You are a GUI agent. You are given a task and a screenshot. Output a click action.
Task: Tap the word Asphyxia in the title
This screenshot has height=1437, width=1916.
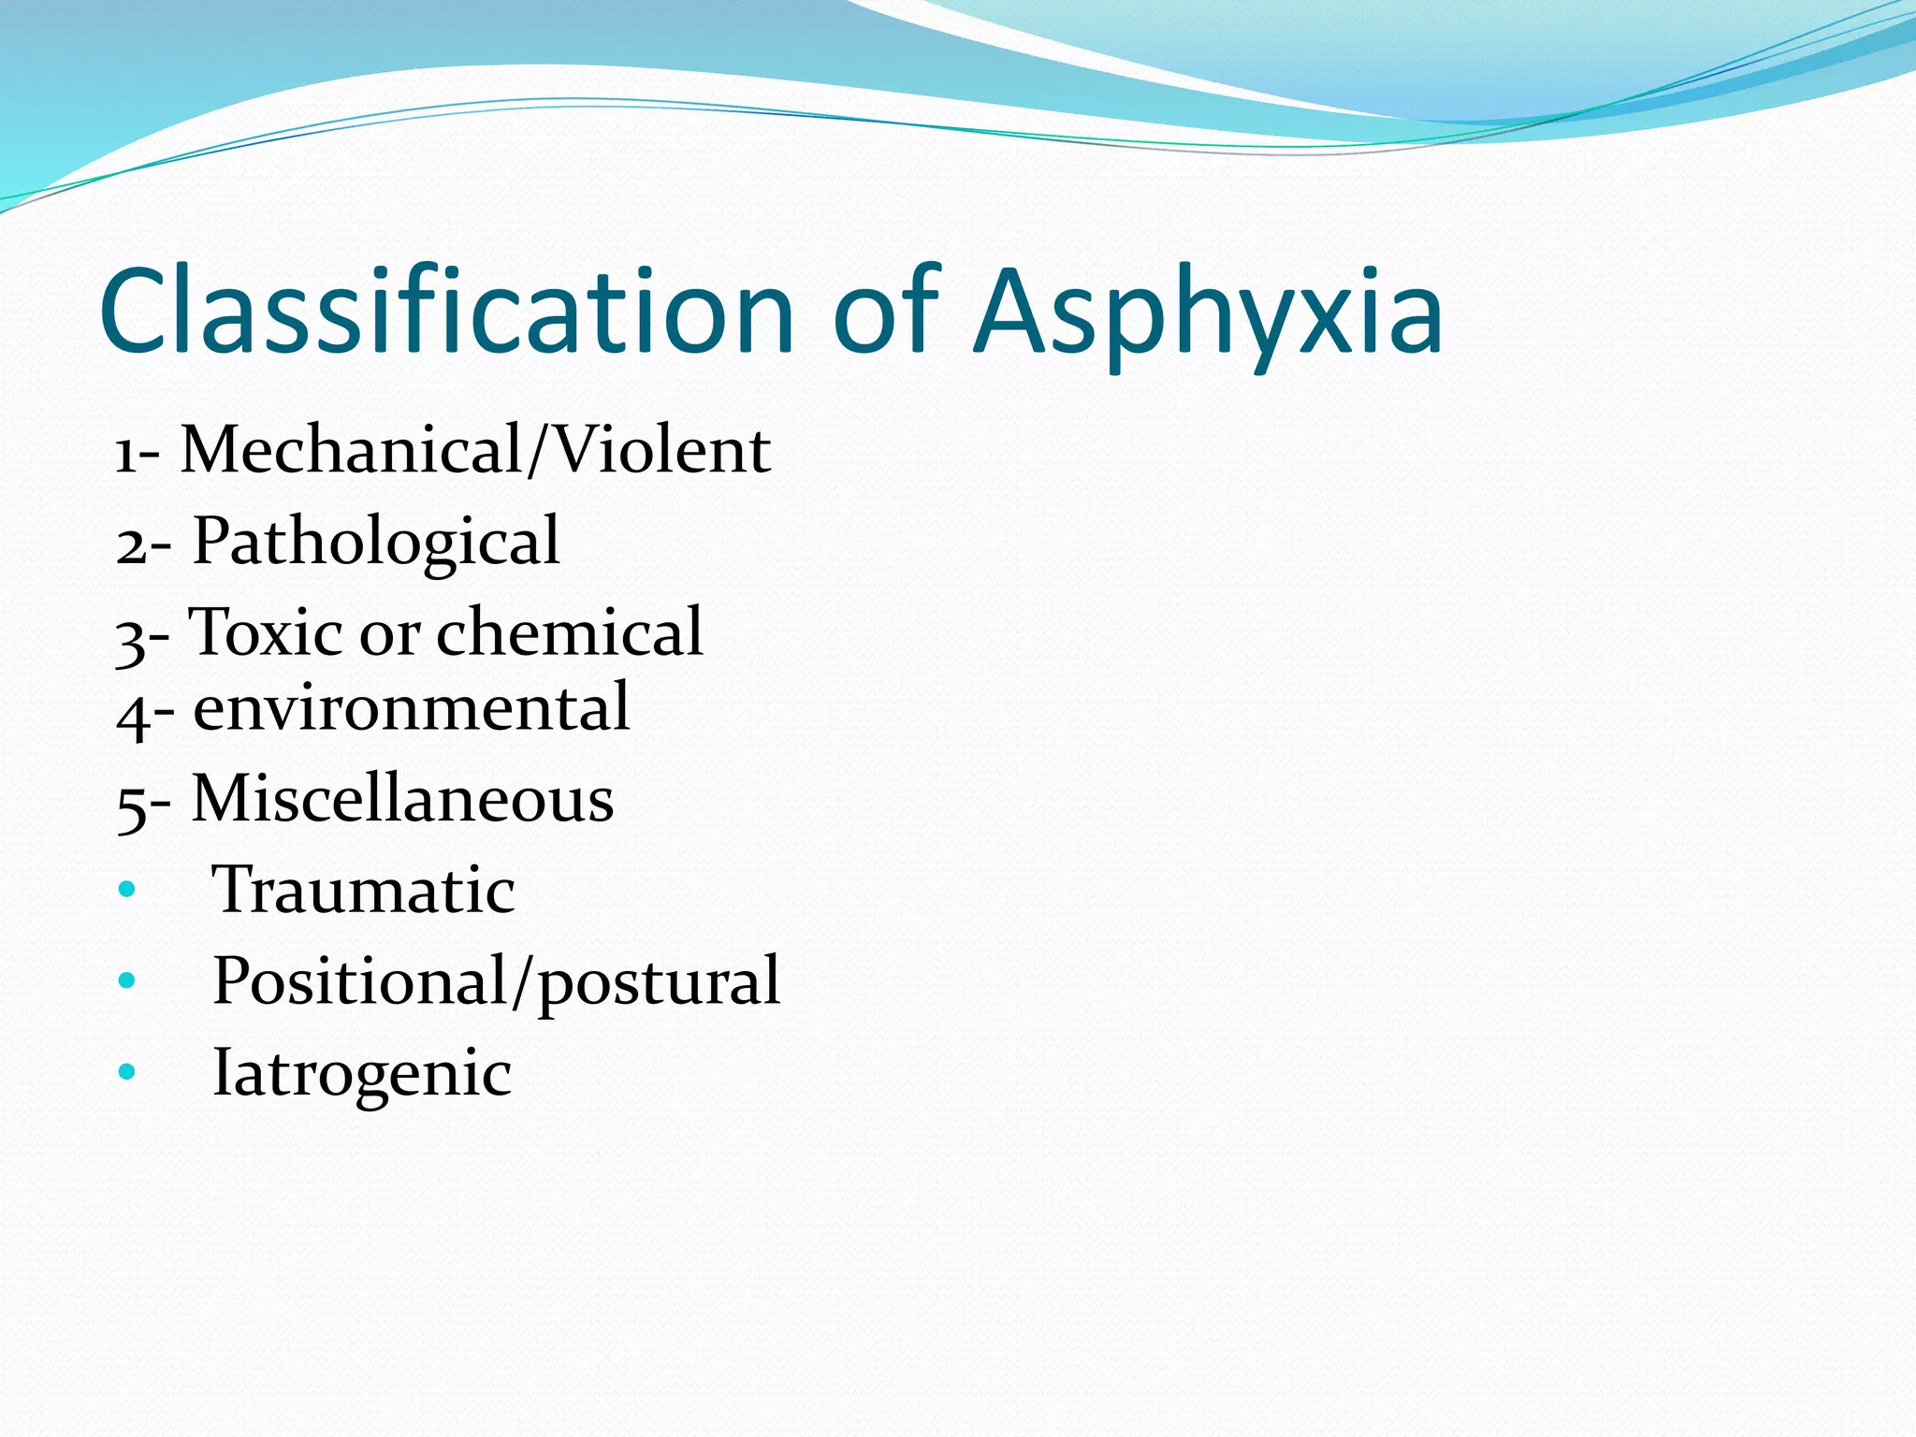1208,311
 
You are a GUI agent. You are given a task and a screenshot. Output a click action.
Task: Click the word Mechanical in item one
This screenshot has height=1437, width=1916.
351,450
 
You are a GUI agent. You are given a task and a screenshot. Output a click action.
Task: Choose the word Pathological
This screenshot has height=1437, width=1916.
375,543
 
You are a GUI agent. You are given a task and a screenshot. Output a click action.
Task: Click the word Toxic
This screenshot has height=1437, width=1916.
266,632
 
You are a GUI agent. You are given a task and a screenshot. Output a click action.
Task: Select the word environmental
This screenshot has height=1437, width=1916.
411,708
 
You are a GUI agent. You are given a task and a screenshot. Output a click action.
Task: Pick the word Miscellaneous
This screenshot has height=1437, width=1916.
402,800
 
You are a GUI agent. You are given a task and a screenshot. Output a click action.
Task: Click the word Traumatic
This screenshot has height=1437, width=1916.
363,890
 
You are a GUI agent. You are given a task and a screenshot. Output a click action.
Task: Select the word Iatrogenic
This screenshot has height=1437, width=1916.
362,1074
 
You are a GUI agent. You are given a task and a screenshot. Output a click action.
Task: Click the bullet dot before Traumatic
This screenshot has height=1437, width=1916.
127,890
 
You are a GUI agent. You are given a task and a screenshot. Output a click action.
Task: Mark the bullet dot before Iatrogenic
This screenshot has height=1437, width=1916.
127,1072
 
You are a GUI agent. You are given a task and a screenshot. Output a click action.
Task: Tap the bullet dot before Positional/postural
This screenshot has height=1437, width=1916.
127,981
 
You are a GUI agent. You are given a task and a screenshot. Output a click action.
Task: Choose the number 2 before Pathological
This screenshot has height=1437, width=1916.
131,546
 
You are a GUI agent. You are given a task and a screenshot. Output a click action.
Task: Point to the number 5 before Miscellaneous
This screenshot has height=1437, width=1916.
131,806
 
